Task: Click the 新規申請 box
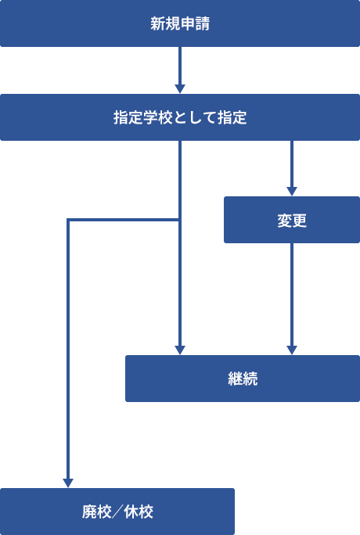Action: tap(180, 23)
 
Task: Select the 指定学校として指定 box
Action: tap(180, 117)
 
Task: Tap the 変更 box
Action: tap(292, 220)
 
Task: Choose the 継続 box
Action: tap(243, 379)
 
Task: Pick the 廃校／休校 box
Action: tap(117, 512)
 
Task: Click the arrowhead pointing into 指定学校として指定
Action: tap(180, 88)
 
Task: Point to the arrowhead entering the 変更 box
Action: tap(292, 192)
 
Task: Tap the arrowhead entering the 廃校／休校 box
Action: tap(68, 483)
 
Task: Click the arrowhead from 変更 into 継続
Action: tap(292, 350)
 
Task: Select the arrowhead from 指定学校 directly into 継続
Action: tap(180, 350)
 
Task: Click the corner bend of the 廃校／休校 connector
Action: tap(68, 220)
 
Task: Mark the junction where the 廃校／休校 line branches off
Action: tap(180, 220)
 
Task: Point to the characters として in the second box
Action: tap(195, 117)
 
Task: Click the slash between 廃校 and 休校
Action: tap(117, 512)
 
